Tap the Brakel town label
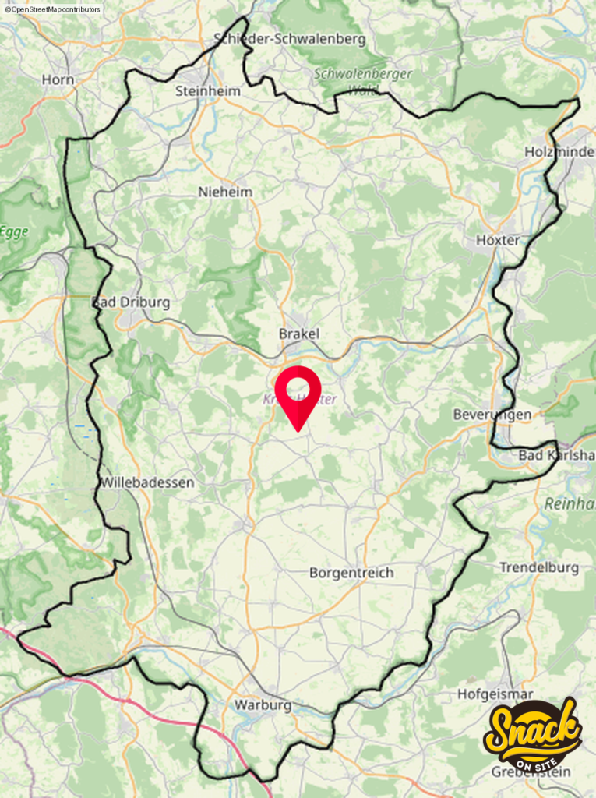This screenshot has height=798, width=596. (x=299, y=334)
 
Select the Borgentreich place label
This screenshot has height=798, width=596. (x=351, y=573)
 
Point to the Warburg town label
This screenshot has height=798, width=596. (x=263, y=705)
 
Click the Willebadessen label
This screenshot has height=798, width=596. (x=146, y=482)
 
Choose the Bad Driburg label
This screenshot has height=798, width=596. (x=131, y=302)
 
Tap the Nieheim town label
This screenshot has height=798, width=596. (x=226, y=192)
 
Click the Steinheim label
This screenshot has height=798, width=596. (x=208, y=91)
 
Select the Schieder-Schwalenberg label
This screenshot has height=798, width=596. (x=289, y=39)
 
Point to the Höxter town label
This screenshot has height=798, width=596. (x=498, y=240)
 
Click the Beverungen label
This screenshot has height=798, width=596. (x=492, y=415)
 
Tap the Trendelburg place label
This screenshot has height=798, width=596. (x=539, y=567)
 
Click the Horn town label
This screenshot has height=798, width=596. (x=58, y=79)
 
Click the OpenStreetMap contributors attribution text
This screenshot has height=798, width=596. (x=52, y=9)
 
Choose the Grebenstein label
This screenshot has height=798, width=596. (x=531, y=772)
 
